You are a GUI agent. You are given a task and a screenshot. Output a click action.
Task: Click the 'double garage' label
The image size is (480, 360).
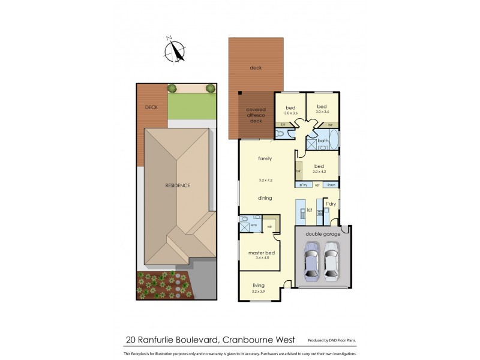(323, 234)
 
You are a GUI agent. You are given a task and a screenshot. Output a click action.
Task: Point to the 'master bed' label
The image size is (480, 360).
(261, 253)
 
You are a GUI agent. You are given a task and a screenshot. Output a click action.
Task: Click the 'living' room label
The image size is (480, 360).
(259, 286)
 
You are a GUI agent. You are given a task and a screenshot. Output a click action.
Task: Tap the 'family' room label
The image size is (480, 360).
(265, 159)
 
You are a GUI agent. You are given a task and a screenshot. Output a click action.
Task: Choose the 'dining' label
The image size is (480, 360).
(265, 198)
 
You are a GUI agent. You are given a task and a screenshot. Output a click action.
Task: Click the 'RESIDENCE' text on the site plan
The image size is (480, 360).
(178, 185)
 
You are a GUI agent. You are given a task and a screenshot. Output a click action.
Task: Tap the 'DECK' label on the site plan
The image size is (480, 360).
(151, 107)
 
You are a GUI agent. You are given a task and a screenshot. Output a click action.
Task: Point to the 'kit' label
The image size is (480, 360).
(310, 211)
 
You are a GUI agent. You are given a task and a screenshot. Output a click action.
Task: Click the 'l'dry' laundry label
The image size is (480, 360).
(331, 205)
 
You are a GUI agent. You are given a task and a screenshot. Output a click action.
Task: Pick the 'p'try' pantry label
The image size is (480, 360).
(304, 185)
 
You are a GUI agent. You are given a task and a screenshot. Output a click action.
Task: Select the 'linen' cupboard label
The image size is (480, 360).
(331, 185)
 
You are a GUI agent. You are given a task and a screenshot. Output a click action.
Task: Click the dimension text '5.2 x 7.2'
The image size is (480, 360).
(265, 180)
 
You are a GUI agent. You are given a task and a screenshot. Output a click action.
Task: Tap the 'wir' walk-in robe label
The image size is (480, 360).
(269, 226)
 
